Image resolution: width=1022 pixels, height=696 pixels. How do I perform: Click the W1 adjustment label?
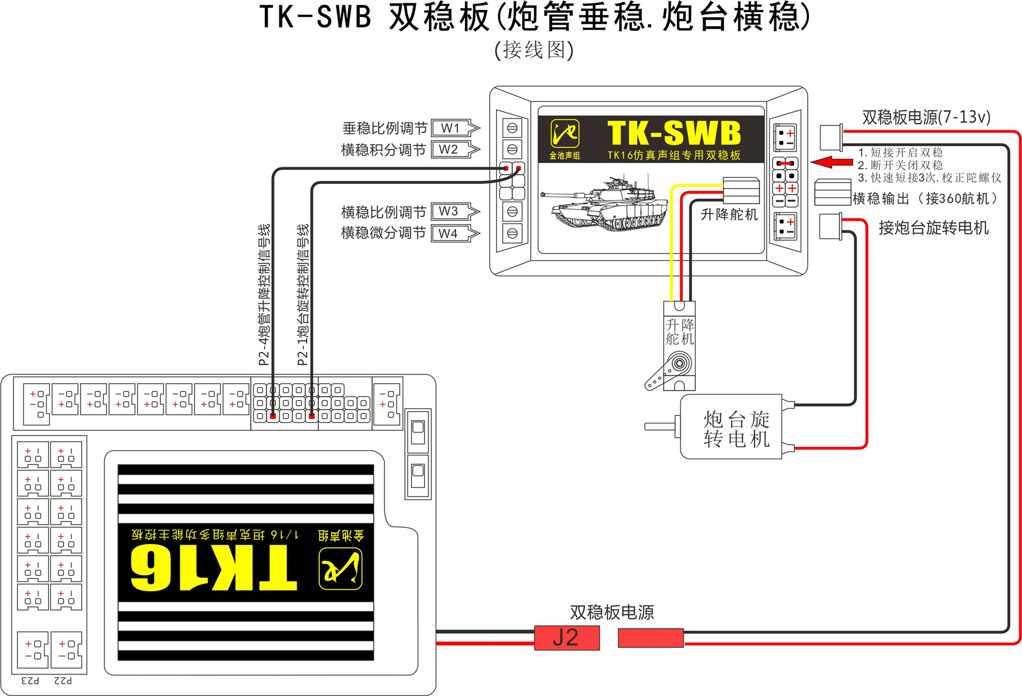450,128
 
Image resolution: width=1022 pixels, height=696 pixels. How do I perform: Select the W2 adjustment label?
448,149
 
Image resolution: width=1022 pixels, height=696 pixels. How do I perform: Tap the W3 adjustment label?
448,211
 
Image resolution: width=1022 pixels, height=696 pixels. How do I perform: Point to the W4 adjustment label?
448,234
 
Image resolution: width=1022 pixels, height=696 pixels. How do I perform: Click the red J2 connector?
566,638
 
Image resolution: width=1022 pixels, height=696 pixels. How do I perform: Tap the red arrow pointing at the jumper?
831,162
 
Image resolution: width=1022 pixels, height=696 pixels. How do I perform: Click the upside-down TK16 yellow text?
214,568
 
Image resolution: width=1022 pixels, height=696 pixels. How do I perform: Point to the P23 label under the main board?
30,681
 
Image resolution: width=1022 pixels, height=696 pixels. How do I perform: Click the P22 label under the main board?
63,681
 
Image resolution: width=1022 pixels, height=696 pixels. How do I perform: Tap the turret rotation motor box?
731,427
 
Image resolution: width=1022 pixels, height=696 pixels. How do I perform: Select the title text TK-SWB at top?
315,16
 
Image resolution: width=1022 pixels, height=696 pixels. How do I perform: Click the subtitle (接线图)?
534,50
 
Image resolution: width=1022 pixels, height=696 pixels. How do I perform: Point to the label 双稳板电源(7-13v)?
926,117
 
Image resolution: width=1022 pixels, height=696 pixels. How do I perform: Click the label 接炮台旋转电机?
933,228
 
